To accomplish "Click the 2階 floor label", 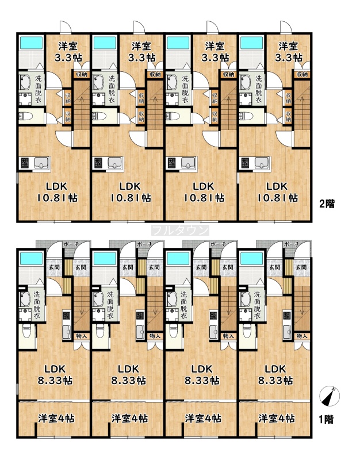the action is click(327, 204).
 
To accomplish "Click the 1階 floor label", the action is click(326, 420).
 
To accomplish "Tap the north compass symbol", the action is click(329, 396).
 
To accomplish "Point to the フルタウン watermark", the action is click(180, 231).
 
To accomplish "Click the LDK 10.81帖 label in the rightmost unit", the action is click(278, 192).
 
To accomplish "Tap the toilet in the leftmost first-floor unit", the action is click(26, 330).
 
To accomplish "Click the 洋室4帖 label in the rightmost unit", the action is click(277, 419).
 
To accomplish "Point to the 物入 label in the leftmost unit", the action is click(81, 336).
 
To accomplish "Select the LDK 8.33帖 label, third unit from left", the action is click(202, 375).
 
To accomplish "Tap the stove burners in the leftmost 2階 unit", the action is click(24, 163).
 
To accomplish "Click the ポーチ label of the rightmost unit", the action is click(292, 244).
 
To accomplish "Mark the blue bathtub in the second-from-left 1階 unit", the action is click(105, 259).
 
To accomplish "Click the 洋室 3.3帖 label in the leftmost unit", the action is click(68, 52).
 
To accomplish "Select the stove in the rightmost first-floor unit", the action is click(286, 315).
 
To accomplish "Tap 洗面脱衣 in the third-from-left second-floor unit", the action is click(185, 90).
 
